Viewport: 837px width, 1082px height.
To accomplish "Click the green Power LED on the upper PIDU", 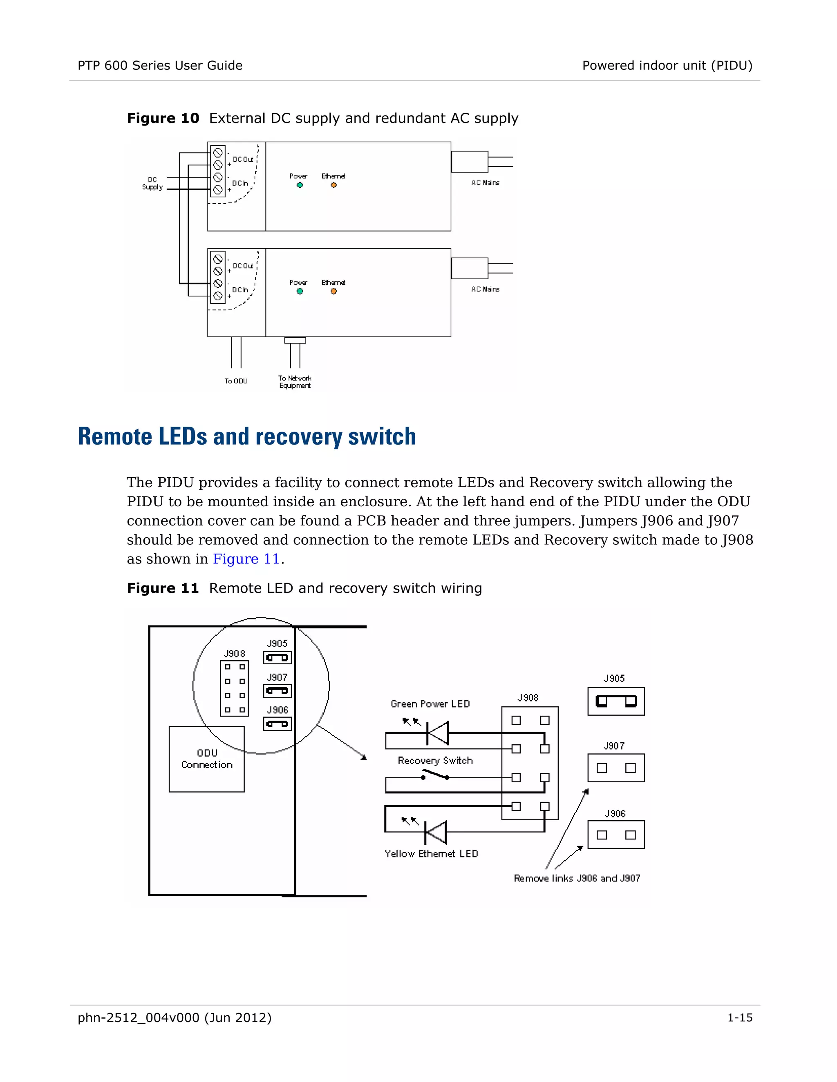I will coord(300,185).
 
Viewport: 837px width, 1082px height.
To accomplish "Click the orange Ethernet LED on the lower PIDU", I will coord(334,291).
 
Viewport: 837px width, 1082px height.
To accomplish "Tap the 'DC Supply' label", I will coord(152,183).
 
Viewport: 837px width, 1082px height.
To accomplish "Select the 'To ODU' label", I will coord(236,381).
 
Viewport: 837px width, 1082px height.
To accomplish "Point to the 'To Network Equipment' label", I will coord(295,382).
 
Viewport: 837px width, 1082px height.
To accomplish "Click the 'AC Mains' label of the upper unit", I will coord(485,183).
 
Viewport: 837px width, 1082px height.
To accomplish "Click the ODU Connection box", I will coord(207,759).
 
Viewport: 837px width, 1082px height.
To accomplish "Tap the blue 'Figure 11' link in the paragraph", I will coord(246,559).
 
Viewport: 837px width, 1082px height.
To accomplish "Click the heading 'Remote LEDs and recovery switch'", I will coord(247,437).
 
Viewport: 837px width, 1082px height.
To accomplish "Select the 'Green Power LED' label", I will coord(430,704).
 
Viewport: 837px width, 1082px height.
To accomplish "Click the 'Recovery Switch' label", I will coord(435,761).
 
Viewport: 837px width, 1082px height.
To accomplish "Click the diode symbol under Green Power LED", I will coord(437,733).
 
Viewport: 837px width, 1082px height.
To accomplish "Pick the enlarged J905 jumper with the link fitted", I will coord(616,701).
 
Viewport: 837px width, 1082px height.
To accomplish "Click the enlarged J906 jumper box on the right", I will coord(616,835).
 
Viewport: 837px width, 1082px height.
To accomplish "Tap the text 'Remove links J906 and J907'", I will coord(577,878).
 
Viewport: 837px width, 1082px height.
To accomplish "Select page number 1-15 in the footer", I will coord(739,1017).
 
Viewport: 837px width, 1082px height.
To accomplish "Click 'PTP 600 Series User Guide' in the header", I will coord(160,65).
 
